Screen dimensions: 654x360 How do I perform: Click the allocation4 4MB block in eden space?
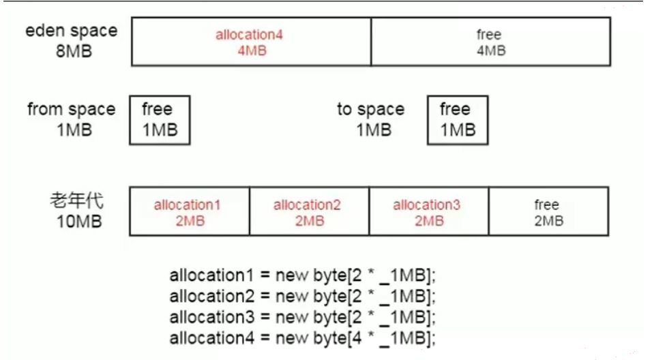[x=251, y=42]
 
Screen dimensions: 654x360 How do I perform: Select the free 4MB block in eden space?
[x=491, y=42]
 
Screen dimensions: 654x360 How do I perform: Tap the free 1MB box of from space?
[x=160, y=120]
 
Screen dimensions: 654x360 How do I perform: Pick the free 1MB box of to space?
[x=458, y=120]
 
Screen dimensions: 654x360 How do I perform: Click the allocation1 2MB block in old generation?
[x=190, y=211]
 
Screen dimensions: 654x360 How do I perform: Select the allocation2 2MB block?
[x=309, y=211]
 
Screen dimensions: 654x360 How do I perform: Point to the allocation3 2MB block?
[x=429, y=211]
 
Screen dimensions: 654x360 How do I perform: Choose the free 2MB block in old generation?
[x=548, y=211]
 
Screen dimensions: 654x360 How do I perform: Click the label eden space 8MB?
[x=72, y=40]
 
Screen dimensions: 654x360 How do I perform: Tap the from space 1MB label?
[x=72, y=119]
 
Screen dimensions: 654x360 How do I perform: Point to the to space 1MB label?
[x=371, y=119]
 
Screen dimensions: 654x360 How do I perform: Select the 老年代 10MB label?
[x=77, y=211]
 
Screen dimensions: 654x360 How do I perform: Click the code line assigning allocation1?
[x=302, y=275]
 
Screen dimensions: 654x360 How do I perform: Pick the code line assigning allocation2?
[x=302, y=297]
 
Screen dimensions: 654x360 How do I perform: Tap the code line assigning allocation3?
[x=302, y=318]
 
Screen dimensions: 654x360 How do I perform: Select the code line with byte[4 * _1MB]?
[x=302, y=338]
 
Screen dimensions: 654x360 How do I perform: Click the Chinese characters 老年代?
[x=77, y=200]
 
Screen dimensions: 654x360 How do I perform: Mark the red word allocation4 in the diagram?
[x=249, y=35]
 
